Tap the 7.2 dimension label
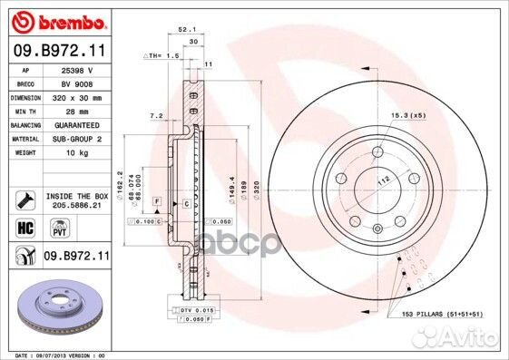[155, 117]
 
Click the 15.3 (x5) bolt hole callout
[407, 115]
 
